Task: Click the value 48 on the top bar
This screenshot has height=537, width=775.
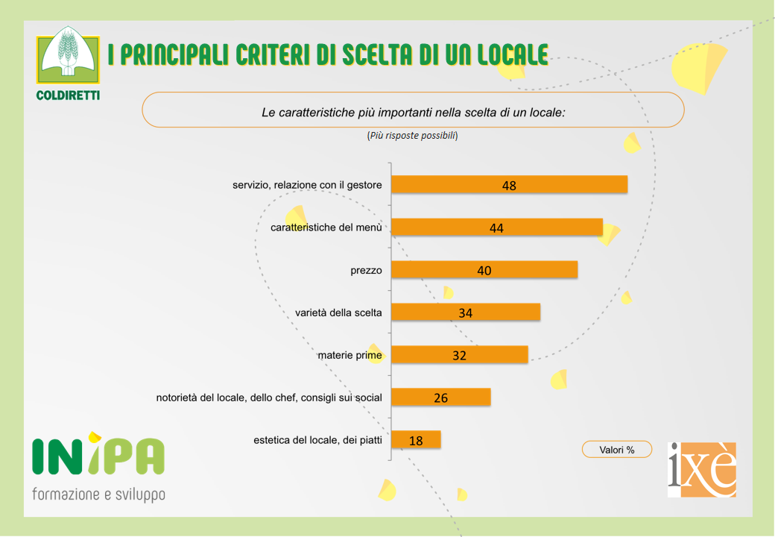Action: [x=509, y=186]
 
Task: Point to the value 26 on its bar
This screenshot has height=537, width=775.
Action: [x=441, y=398]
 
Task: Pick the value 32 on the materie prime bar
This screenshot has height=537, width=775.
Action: [x=459, y=356]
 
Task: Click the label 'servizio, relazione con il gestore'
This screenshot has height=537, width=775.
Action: [x=307, y=185]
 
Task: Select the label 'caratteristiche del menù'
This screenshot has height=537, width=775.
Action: [x=326, y=227]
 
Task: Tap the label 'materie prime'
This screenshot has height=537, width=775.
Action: [x=349, y=355]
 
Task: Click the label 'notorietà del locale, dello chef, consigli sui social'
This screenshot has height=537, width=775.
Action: [x=269, y=398]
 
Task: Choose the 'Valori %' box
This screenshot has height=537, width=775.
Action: [x=617, y=450]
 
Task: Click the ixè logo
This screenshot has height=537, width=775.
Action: [x=702, y=469]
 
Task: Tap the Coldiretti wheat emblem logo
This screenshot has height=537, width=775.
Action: [x=68, y=57]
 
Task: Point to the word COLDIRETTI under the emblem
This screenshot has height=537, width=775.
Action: [x=68, y=95]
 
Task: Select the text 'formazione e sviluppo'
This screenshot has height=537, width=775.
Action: [x=98, y=494]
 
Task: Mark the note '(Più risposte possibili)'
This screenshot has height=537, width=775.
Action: [x=412, y=136]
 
